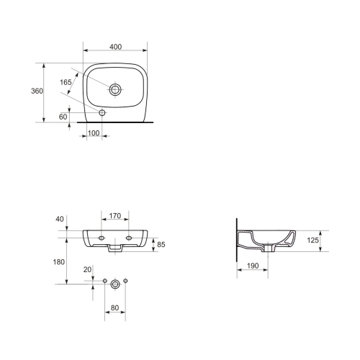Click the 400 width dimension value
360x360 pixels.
[x=115, y=47]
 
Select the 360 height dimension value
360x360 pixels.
[x=37, y=91]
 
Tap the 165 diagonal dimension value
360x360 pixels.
[x=66, y=82]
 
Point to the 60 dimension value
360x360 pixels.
[x=63, y=117]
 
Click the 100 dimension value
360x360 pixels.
[x=94, y=132]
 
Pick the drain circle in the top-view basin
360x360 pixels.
[x=115, y=90]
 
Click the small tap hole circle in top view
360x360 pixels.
[x=102, y=112]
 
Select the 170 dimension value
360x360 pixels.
[x=115, y=216]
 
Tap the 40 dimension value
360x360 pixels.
[x=60, y=219]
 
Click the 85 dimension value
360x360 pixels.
[x=161, y=244]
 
